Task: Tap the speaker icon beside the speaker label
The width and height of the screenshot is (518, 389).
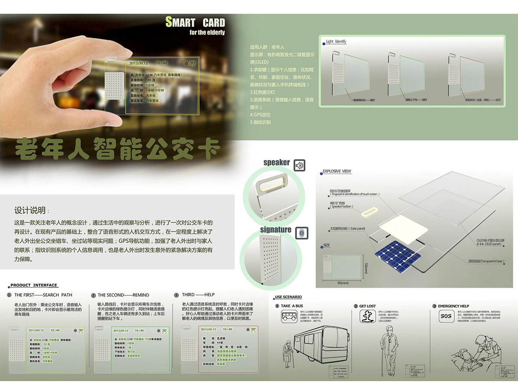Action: [x=299, y=165]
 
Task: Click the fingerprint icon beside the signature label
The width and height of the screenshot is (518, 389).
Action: [x=301, y=233]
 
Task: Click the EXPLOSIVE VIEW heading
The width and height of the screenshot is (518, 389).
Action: [x=337, y=171]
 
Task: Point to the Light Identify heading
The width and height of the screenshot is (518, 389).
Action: [x=336, y=41]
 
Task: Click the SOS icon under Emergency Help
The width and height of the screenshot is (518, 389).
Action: [x=446, y=316]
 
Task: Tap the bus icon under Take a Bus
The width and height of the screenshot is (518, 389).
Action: [x=289, y=316]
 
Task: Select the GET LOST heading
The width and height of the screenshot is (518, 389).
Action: [x=367, y=306]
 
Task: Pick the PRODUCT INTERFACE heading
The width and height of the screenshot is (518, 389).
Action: [x=34, y=285]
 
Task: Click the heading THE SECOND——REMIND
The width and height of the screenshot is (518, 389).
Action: [x=123, y=295]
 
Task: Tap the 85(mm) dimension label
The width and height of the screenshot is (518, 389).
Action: [x=343, y=283]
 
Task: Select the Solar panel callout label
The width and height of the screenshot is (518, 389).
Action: [x=348, y=229]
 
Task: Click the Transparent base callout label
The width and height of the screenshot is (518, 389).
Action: [x=486, y=261]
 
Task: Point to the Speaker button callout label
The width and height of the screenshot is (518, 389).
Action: [x=342, y=206]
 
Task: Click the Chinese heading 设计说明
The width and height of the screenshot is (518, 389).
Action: [x=30, y=210]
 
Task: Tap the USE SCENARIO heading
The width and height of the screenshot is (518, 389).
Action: [x=288, y=297]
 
